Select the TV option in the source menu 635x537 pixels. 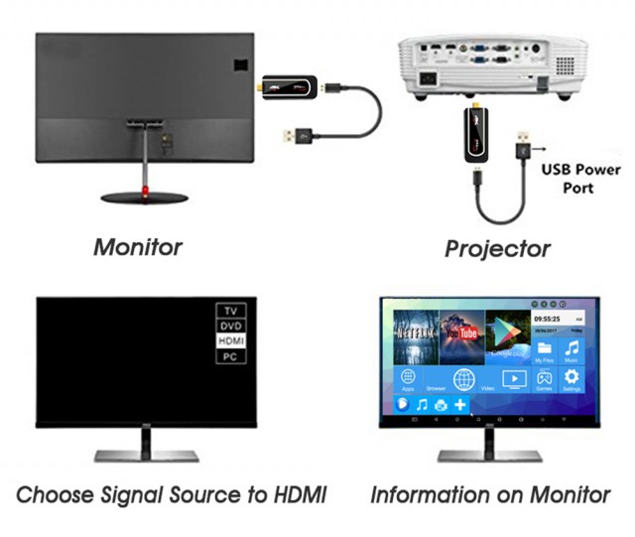pyautogui.click(x=230, y=310)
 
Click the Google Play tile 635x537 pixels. pyautogui.click(x=506, y=333)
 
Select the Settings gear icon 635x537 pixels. pyautogui.click(x=571, y=380)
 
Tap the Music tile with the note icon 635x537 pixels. pyautogui.click(x=571, y=350)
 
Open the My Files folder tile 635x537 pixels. pyautogui.click(x=544, y=350)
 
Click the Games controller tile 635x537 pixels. pyautogui.click(x=544, y=380)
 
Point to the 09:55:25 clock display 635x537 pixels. pyautogui.click(x=548, y=320)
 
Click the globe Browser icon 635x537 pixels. pyautogui.click(x=463, y=380)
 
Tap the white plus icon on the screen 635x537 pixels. pyautogui.click(x=459, y=405)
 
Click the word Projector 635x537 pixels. pyautogui.click(x=497, y=248)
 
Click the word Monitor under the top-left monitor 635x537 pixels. pyautogui.click(x=138, y=246)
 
